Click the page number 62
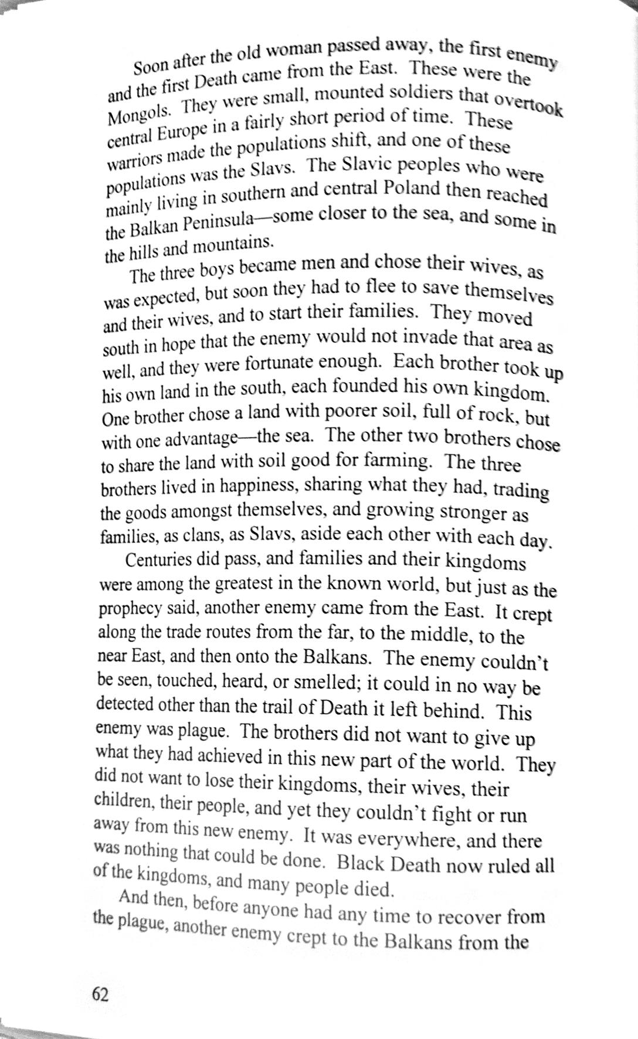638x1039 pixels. pyautogui.click(x=100, y=994)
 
